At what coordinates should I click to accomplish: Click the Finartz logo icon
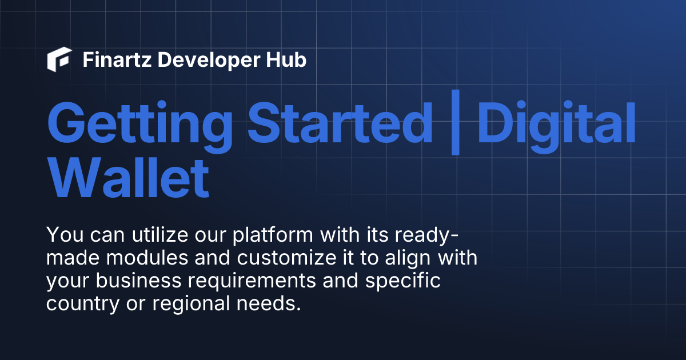(59, 60)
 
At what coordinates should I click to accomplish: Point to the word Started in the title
(340, 123)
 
